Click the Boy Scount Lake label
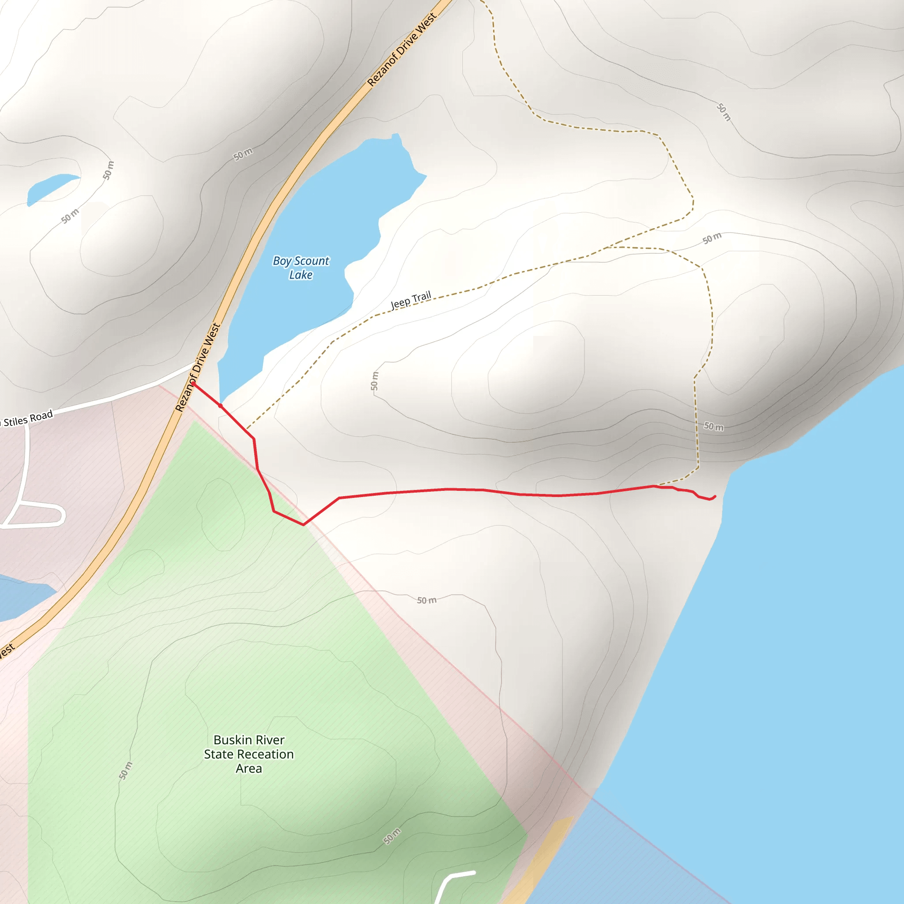(x=301, y=267)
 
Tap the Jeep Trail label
(x=411, y=300)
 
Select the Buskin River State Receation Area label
(x=249, y=754)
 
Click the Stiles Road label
(x=28, y=418)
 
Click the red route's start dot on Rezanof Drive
(x=193, y=384)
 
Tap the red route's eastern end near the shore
(x=715, y=497)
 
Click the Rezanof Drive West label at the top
(x=402, y=49)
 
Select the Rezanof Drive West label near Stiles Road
(x=197, y=367)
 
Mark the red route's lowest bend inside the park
(x=304, y=524)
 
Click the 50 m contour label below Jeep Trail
(x=374, y=381)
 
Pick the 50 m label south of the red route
(x=427, y=600)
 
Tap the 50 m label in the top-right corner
(x=723, y=112)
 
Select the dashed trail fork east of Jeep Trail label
(x=608, y=247)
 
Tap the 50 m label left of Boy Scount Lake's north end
(x=243, y=154)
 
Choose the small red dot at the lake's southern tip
(x=220, y=406)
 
